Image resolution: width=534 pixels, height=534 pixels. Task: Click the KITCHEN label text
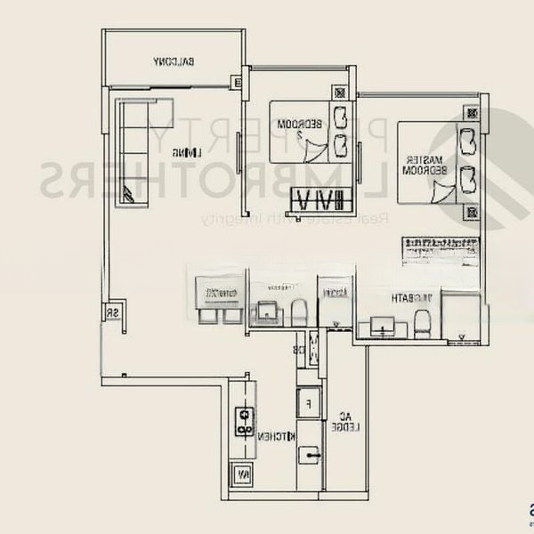[x=276, y=436]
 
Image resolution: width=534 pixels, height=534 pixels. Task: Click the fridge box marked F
[x=308, y=402]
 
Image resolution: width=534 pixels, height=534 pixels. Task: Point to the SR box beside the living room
[x=113, y=312]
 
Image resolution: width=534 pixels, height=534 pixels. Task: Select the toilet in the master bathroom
[x=423, y=326]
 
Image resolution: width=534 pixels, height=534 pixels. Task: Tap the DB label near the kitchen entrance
[x=300, y=351]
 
